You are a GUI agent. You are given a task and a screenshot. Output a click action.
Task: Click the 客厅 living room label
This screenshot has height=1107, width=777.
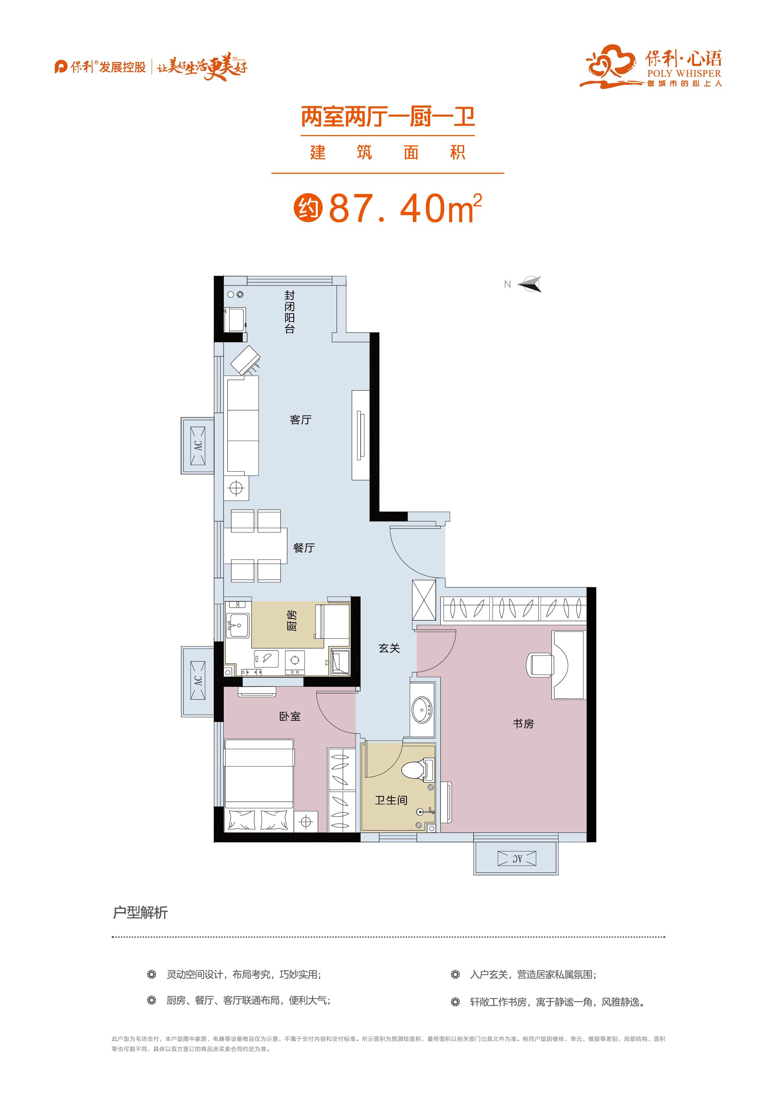(300, 420)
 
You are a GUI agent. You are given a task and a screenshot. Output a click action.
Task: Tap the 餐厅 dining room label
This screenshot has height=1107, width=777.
(304, 548)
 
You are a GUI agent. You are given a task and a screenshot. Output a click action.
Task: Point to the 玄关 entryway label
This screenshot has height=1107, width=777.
(389, 648)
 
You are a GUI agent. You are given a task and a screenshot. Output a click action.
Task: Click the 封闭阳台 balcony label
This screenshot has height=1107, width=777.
(289, 312)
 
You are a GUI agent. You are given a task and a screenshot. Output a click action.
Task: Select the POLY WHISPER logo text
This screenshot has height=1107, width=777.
(684, 74)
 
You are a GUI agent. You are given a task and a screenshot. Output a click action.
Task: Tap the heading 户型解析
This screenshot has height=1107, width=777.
(140, 912)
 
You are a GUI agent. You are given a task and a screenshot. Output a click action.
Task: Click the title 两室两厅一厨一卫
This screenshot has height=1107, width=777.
(388, 117)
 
